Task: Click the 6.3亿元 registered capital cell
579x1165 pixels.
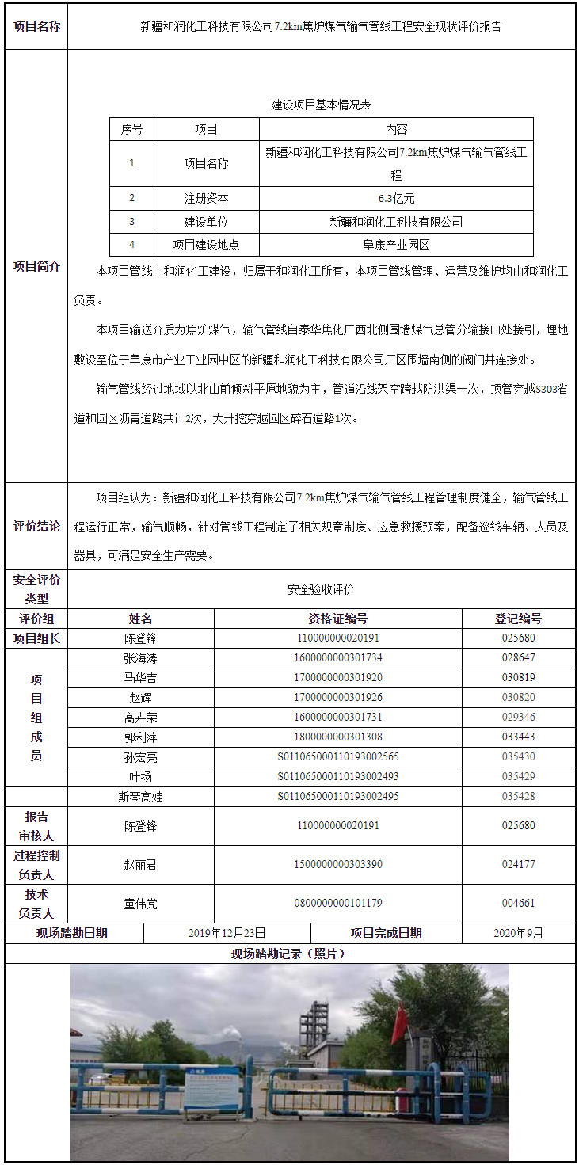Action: (396, 199)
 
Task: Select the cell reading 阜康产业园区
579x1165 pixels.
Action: (396, 245)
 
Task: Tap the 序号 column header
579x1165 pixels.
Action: (131, 129)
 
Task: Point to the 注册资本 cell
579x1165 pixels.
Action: (206, 199)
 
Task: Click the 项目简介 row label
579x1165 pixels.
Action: (36, 267)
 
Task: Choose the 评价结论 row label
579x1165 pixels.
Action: (36, 526)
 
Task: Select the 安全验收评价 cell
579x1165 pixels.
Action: (321, 589)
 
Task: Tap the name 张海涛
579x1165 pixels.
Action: (140, 658)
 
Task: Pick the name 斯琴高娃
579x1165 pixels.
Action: (140, 797)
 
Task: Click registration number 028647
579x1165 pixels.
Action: (518, 658)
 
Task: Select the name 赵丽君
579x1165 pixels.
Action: (140, 865)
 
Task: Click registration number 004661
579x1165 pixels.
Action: (518, 903)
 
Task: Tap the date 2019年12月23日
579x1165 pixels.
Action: (227, 933)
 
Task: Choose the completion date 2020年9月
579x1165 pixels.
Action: (518, 933)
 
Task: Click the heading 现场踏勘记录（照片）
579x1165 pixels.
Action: (288, 954)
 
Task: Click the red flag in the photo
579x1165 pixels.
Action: (399, 1024)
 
